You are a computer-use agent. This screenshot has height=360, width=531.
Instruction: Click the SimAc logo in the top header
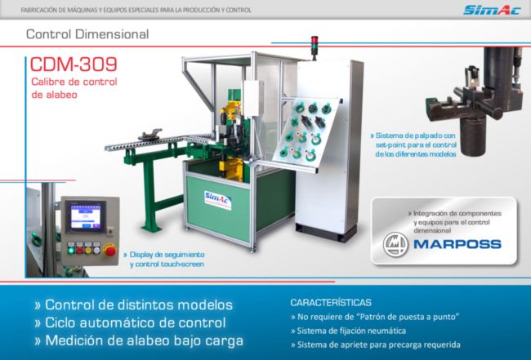[x=491, y=10]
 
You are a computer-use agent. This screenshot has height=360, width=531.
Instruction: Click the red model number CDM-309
[x=74, y=64]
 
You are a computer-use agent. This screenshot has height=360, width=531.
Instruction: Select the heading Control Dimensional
[x=87, y=34]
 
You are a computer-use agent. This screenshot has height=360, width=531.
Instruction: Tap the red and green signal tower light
[x=315, y=46]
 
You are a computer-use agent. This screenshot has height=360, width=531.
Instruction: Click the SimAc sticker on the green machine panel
[x=218, y=200]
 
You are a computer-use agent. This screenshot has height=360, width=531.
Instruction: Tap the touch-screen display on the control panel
[x=86, y=216]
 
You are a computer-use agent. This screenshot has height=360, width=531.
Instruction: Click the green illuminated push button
[x=71, y=251]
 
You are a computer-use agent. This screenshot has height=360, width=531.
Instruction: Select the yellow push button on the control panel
[x=88, y=251]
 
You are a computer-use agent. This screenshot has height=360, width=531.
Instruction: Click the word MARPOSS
[x=457, y=244]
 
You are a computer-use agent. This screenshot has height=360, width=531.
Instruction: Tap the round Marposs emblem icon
[x=395, y=244]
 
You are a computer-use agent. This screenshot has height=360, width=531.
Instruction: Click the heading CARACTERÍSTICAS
[x=331, y=302]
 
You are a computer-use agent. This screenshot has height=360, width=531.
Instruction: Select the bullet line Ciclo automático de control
[x=131, y=322]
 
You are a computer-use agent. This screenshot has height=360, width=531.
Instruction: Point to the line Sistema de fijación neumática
[x=348, y=331]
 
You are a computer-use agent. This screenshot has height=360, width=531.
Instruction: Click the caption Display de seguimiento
[x=164, y=254]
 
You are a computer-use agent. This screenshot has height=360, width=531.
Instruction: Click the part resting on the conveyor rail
[x=149, y=135]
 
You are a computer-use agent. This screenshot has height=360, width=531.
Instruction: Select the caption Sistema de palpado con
[x=413, y=136]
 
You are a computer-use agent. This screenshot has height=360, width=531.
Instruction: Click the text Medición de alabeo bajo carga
[x=139, y=340]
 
